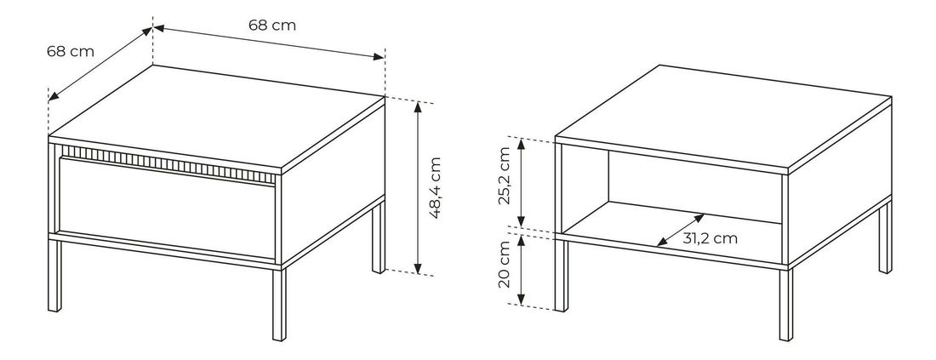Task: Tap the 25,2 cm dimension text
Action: pyautogui.click(x=505, y=175)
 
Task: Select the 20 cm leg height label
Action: pyautogui.click(x=505, y=264)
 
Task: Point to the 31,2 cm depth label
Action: pyautogui.click(x=711, y=239)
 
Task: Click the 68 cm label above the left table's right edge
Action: pyautogui.click(x=272, y=26)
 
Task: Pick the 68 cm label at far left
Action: pyautogui.click(x=71, y=51)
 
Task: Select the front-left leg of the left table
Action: pyautogui.click(x=54, y=275)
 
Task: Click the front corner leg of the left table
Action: pyautogui.click(x=279, y=305)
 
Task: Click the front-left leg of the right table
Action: pyautogui.click(x=561, y=275)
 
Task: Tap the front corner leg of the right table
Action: pyautogui.click(x=786, y=305)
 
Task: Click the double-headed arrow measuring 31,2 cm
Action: pyautogui.click(x=681, y=230)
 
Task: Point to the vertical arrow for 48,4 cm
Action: pyautogui.click(x=418, y=188)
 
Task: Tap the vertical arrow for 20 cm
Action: pyautogui.click(x=521, y=270)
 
